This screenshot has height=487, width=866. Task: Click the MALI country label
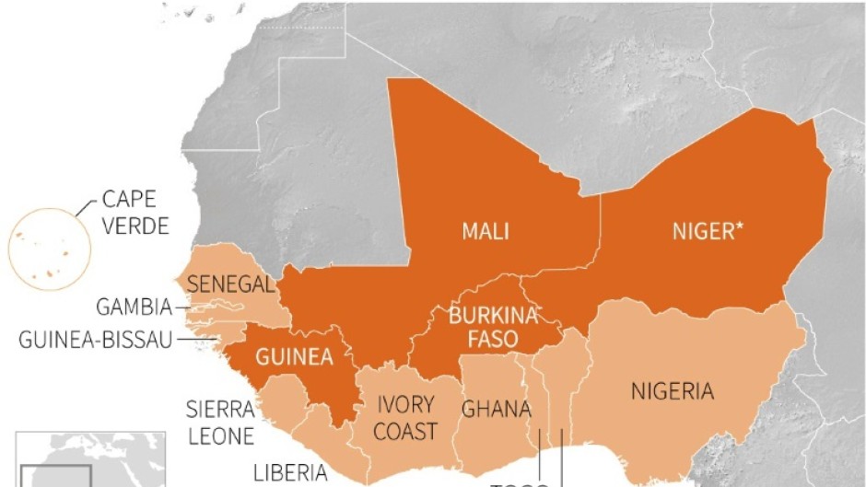(x=485, y=231)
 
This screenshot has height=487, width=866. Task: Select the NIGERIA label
(x=672, y=391)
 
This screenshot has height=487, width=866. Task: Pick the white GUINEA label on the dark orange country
(x=292, y=357)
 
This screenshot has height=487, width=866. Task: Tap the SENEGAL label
(x=230, y=284)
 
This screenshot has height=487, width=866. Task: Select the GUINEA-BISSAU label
(x=96, y=340)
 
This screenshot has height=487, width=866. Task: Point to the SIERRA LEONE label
(x=220, y=423)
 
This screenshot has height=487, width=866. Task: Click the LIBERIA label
(x=290, y=473)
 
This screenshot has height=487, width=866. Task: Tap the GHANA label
(x=496, y=409)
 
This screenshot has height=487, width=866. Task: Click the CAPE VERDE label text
(x=135, y=212)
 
